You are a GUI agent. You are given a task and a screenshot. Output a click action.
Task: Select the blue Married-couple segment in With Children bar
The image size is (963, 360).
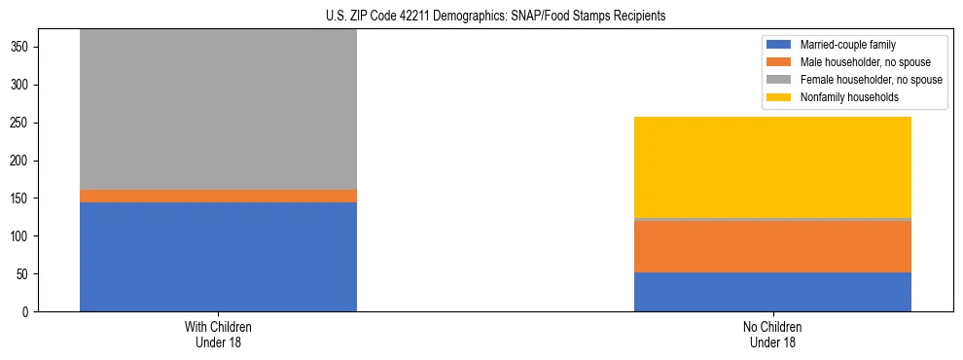click(x=218, y=257)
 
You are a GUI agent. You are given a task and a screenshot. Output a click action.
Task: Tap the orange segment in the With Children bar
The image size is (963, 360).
click(x=218, y=196)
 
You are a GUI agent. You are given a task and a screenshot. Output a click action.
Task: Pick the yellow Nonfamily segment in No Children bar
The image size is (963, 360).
click(x=772, y=167)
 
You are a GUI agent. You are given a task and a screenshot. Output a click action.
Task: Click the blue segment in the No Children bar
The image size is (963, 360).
click(x=772, y=292)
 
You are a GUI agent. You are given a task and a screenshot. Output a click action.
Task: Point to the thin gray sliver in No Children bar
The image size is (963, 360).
click(x=772, y=220)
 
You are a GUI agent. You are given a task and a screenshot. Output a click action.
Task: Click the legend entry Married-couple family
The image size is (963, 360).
click(x=844, y=45)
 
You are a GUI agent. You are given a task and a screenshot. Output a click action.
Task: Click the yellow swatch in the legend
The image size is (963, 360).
click(x=779, y=97)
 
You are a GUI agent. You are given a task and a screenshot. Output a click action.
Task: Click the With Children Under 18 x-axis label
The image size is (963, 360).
click(x=218, y=334)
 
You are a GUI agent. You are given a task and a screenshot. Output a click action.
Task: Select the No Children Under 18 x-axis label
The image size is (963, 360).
click(x=772, y=334)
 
